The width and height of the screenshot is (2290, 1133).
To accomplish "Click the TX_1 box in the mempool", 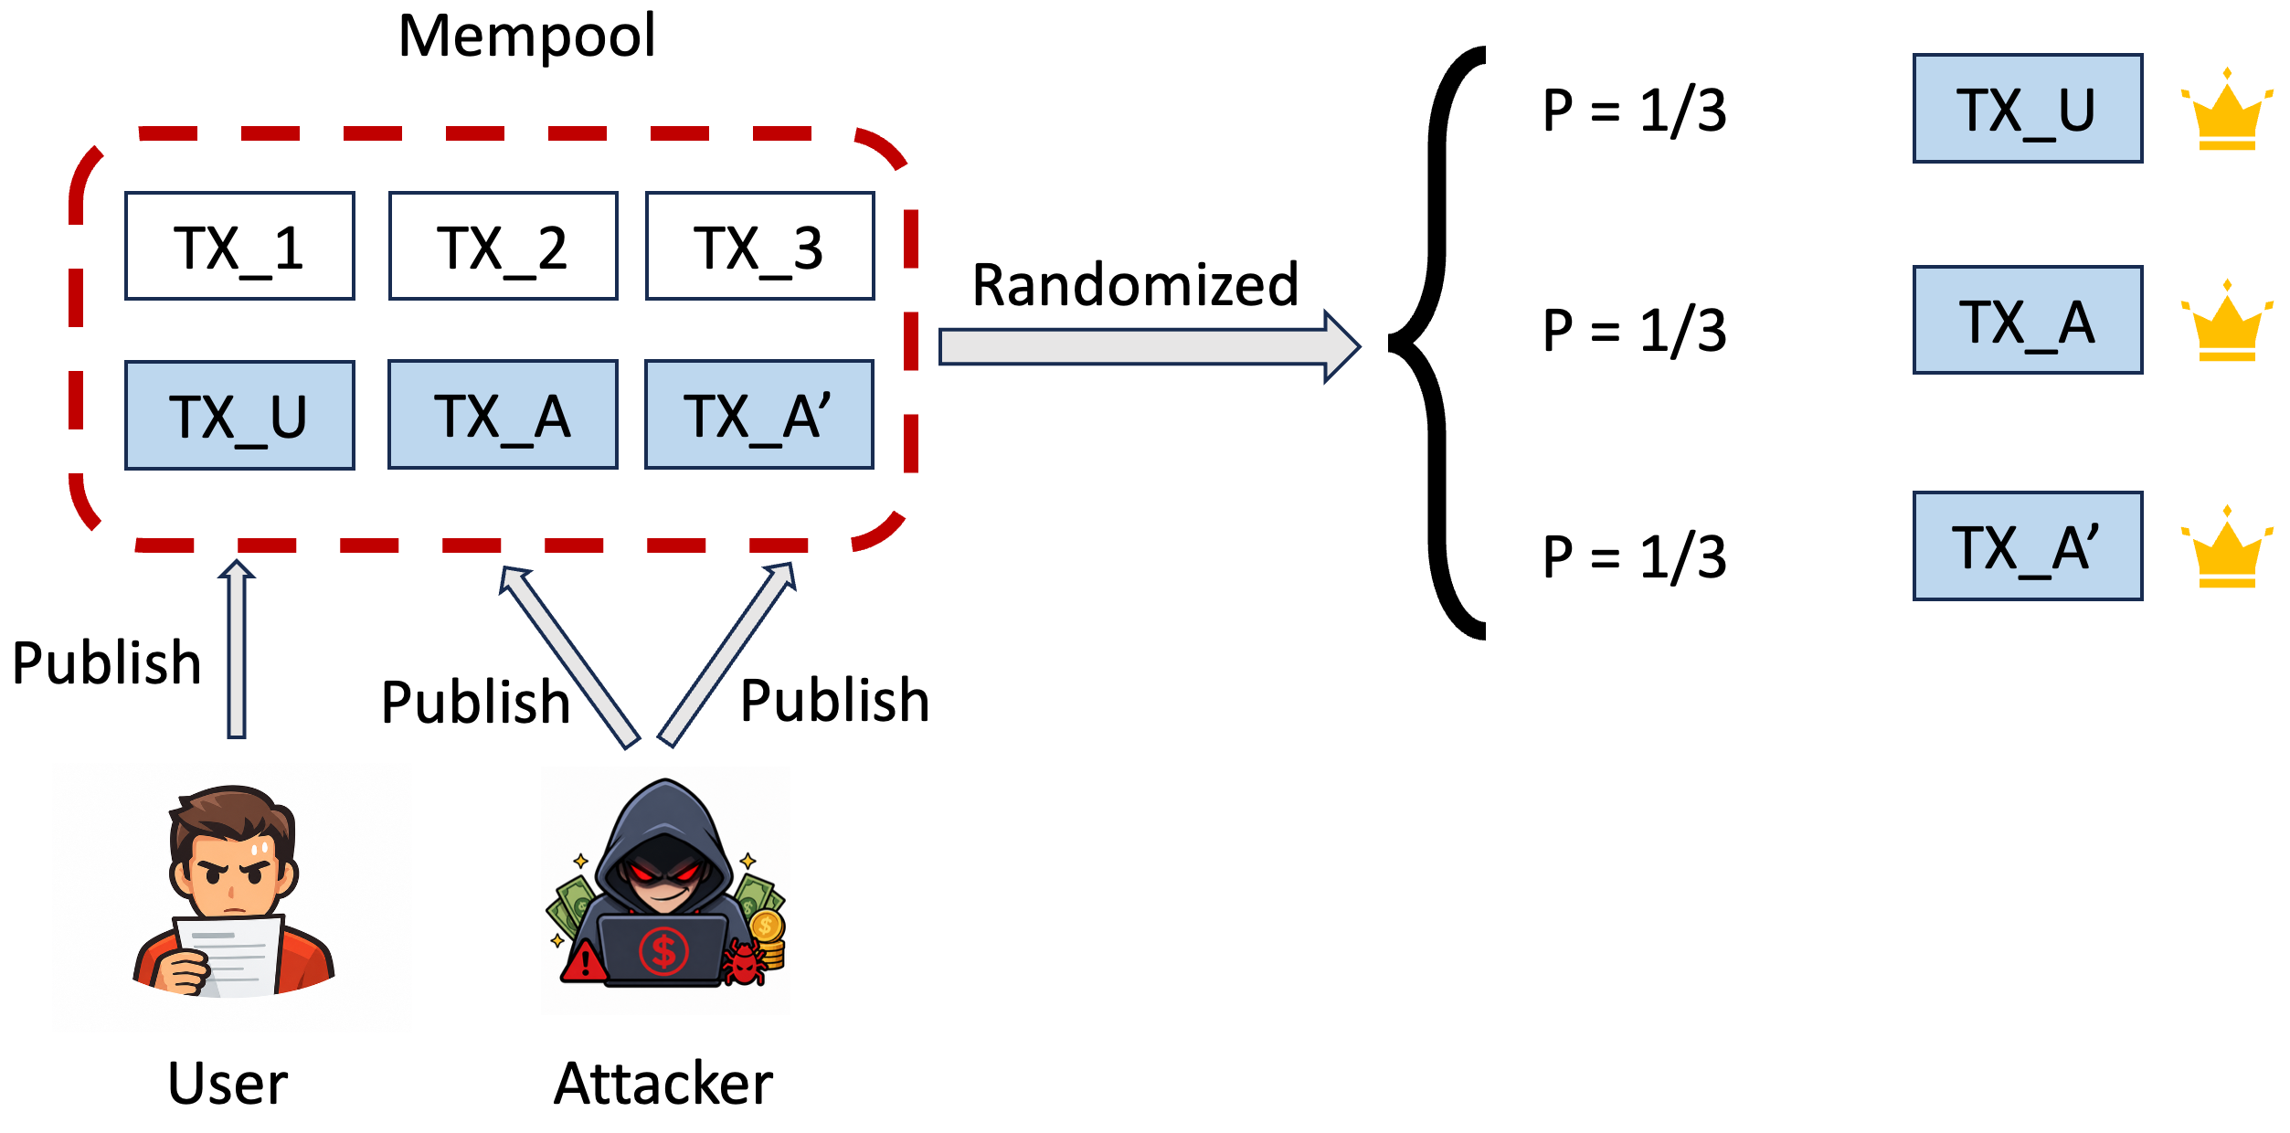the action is click(239, 246).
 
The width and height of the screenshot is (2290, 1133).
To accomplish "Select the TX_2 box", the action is click(504, 246).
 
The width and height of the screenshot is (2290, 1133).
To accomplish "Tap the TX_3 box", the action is click(760, 246).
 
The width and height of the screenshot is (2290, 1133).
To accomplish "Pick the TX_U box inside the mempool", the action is click(239, 416).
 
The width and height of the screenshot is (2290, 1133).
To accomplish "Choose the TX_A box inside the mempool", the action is click(504, 415).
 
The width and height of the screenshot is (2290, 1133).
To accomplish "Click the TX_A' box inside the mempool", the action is click(759, 415).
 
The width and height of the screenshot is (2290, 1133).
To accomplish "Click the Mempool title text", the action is click(527, 37).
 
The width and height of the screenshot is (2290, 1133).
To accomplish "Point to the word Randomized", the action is click(1135, 285).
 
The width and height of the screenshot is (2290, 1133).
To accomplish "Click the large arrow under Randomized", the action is click(1150, 347).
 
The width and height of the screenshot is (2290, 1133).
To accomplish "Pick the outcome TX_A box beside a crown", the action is click(2029, 320).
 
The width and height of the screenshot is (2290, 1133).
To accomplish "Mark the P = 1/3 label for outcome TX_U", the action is click(1635, 111).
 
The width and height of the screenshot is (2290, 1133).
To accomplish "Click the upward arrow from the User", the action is click(237, 649).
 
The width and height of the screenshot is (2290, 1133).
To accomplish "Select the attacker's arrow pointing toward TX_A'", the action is click(726, 654).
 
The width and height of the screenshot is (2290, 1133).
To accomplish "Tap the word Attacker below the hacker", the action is click(663, 1085).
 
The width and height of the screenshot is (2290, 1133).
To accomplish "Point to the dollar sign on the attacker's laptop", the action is click(663, 951).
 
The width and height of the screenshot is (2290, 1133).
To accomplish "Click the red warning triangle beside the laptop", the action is click(584, 961).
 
